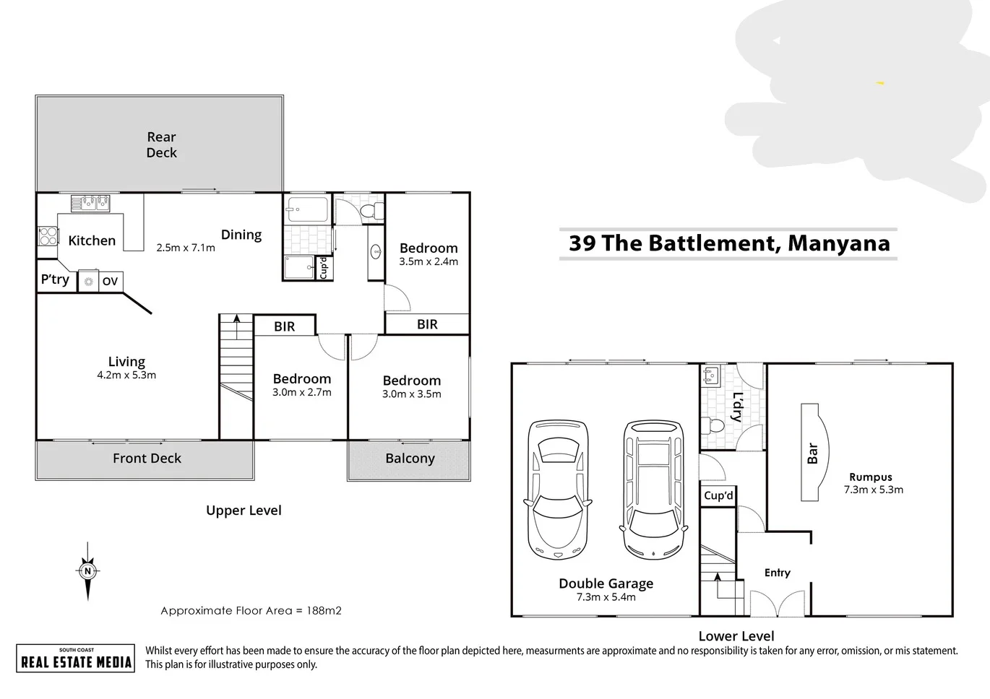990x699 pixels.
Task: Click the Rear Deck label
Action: pos(161,144)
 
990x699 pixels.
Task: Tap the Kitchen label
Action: pos(92,240)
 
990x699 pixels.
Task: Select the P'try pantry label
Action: pos(55,279)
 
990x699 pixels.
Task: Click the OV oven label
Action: pos(110,282)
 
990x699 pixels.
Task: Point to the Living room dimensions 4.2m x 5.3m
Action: pos(126,375)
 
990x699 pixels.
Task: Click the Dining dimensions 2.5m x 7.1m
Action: pos(186,248)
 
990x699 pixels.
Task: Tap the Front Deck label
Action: pos(147,459)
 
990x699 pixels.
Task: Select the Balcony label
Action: pos(410,459)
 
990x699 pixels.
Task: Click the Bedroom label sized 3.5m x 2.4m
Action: pos(429,248)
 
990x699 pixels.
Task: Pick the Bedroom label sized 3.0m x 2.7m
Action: pos(302,379)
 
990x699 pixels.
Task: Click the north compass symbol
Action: pos(87,571)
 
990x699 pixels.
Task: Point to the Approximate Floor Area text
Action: pos(251,611)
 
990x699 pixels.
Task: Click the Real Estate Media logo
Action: pos(76,659)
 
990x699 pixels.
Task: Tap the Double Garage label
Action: pos(606,583)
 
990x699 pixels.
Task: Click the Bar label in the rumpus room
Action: pos(812,453)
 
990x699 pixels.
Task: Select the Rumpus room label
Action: pos(870,477)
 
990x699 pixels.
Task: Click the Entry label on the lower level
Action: pos(777,573)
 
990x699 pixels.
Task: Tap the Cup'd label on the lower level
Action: pos(718,495)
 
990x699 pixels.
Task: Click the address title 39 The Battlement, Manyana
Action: pos(729,243)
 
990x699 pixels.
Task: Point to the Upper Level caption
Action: pos(244,511)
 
